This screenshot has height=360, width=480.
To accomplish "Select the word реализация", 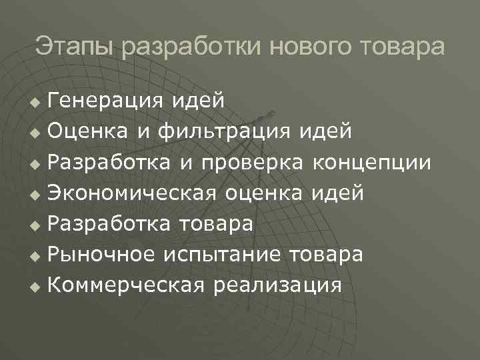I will point(278,285).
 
